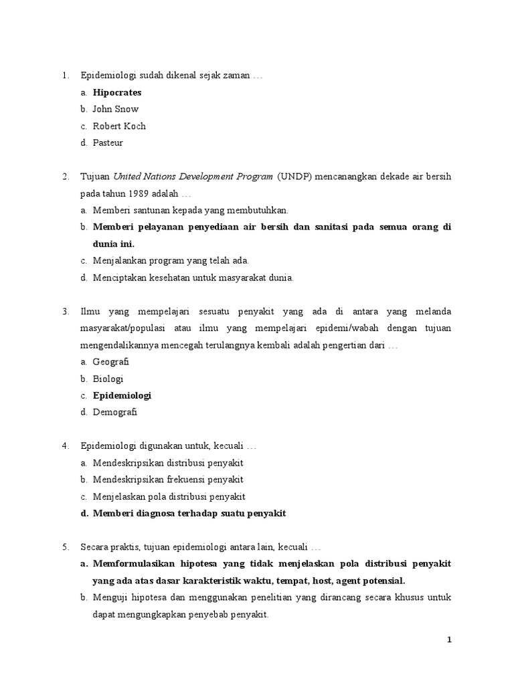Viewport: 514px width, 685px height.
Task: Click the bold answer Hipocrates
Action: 117,92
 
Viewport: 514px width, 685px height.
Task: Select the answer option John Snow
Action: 116,109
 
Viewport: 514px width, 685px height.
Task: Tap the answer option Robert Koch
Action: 119,126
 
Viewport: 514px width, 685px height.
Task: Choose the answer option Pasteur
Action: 108,142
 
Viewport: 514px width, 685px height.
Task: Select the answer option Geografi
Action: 111,362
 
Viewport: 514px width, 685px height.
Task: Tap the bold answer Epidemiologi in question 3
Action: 122,395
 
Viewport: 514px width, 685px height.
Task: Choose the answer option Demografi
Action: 115,412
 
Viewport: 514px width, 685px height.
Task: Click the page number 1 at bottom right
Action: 450,640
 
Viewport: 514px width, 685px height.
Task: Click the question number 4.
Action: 66,446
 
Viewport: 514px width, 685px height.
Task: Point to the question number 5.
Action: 66,547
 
